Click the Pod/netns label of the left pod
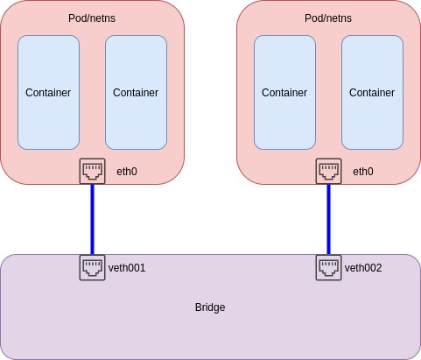point(92,18)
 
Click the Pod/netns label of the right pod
point(328,18)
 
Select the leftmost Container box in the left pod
point(48,93)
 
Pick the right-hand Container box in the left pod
point(136,93)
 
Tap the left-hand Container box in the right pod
point(284,93)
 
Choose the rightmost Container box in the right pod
point(372,93)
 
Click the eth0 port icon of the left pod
point(92,171)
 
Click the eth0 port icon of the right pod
point(328,171)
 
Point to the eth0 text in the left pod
point(127,172)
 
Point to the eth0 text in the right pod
point(363,172)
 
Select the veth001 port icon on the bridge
point(92,267)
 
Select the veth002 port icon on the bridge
point(328,267)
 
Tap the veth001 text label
point(127,268)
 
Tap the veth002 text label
point(363,268)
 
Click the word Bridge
point(210,307)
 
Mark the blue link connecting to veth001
point(92,220)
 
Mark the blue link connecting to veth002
point(328,220)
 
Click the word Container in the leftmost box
point(48,93)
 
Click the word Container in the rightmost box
point(372,93)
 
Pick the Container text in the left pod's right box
point(136,93)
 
